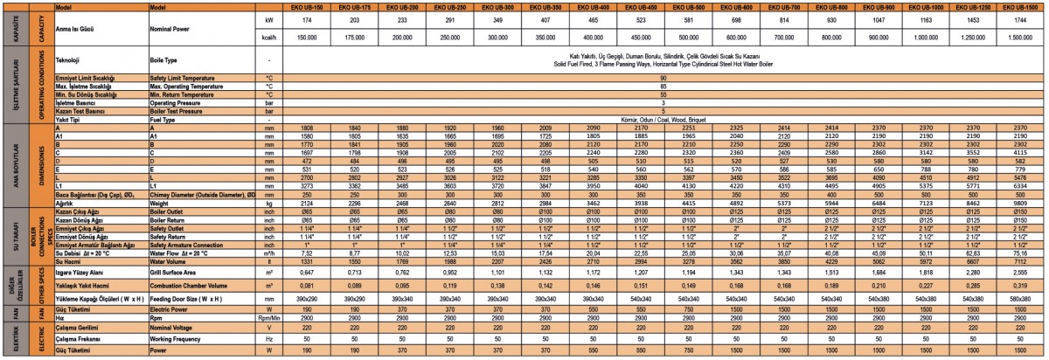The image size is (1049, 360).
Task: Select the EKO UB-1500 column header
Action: click(1019, 5)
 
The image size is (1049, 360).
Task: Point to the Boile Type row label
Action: click(163, 60)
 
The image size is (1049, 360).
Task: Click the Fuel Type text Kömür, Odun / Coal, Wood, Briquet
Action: click(663, 120)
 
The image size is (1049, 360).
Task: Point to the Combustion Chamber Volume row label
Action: click(187, 285)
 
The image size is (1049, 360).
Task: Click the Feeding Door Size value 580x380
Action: click(1019, 298)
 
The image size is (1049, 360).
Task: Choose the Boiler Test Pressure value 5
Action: click(663, 112)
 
